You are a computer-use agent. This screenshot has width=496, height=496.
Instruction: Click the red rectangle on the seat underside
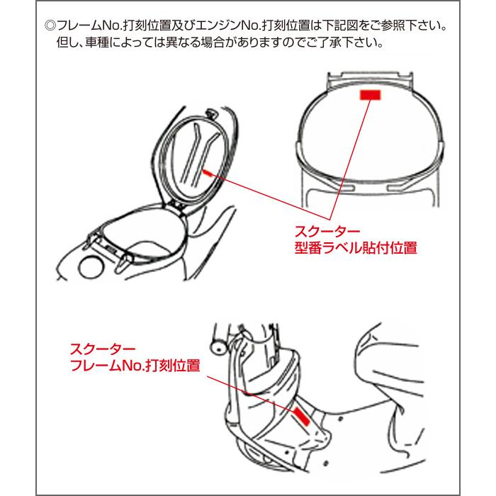370,94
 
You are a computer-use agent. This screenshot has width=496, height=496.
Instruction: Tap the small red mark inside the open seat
208,173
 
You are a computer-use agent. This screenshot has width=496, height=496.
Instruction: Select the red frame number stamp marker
302,417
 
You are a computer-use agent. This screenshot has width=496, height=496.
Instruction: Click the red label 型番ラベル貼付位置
356,247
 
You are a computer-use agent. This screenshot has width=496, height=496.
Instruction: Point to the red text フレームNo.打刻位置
135,365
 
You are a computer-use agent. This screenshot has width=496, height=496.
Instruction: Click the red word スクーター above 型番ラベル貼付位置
327,231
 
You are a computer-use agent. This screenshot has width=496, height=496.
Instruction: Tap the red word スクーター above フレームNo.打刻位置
103,349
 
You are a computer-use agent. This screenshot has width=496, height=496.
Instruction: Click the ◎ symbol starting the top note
50,26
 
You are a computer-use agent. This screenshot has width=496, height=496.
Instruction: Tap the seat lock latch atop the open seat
210,113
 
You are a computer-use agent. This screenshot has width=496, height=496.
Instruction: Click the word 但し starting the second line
69,42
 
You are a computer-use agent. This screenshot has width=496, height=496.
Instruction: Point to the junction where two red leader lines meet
329,219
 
